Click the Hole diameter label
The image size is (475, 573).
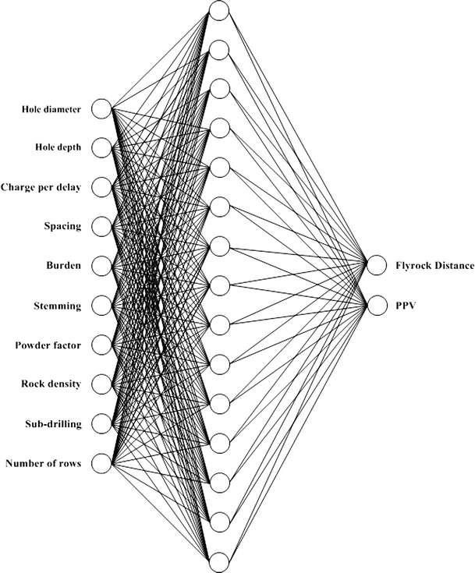coord(51,108)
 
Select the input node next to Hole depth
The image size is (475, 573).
coord(101,147)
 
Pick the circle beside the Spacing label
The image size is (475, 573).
coord(101,227)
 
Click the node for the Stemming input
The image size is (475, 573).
coord(101,306)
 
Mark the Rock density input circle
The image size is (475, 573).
coord(101,384)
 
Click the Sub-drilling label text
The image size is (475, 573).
coord(52,424)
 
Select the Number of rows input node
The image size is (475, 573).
coord(101,464)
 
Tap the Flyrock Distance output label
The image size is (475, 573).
coord(434,266)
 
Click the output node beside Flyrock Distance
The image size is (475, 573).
coord(377,266)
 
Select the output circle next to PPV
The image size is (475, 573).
coord(377,306)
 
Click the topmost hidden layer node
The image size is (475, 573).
coord(219,10)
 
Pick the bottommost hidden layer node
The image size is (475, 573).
coord(219,561)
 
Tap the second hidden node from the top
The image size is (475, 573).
coord(219,49)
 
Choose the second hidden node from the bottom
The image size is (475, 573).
coord(219,522)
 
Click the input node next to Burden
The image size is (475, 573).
coord(101,266)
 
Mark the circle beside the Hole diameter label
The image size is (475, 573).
coord(101,108)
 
